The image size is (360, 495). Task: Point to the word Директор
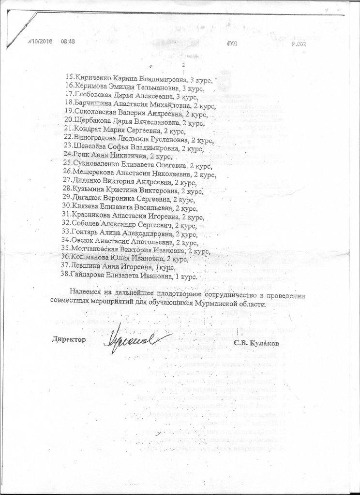(69, 339)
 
